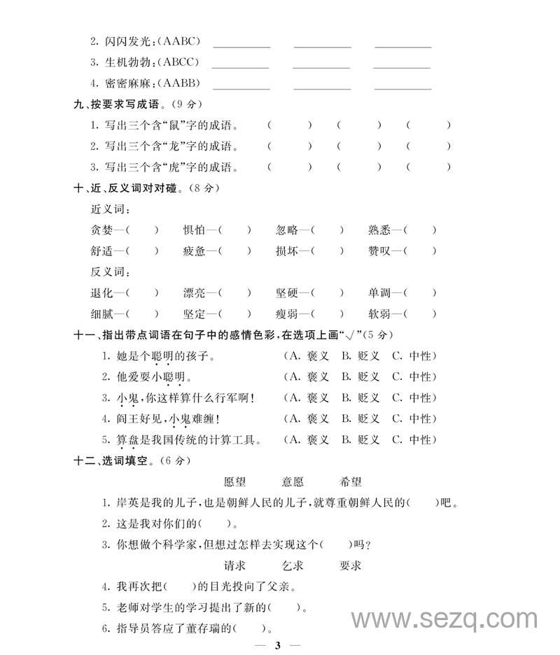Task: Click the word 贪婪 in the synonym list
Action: point(102,230)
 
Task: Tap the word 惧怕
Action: point(195,230)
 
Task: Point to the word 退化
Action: point(102,293)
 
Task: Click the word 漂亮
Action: point(195,293)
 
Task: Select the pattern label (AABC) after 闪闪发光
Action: point(175,41)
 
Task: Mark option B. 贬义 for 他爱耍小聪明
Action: point(360,377)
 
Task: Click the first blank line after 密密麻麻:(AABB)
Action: point(241,84)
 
